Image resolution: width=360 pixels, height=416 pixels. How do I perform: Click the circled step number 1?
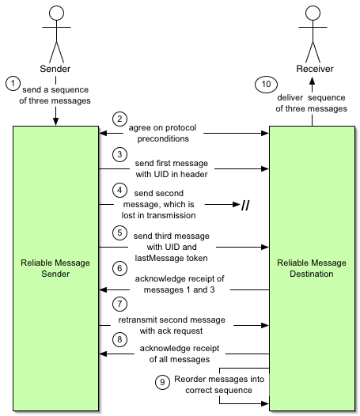point(13,83)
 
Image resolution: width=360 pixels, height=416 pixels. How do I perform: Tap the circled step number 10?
point(266,85)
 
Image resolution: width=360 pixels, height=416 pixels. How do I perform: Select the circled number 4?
point(119,191)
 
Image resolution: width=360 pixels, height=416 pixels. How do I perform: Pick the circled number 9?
point(162,382)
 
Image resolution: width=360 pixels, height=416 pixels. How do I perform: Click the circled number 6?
point(119,268)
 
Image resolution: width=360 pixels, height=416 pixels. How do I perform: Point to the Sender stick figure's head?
point(56,13)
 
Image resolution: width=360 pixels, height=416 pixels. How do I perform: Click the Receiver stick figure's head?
point(313,13)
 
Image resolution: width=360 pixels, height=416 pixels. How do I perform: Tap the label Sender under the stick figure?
point(55,69)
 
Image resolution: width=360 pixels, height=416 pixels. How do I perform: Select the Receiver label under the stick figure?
point(315,69)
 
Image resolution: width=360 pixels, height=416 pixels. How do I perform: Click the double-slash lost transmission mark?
point(245,205)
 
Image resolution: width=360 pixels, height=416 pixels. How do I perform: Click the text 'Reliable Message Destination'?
point(312,268)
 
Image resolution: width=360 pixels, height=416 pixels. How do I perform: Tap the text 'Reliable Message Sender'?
point(55,268)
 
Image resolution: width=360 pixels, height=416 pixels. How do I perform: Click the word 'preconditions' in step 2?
point(163,138)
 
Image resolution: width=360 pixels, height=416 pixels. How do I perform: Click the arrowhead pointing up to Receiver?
point(313,81)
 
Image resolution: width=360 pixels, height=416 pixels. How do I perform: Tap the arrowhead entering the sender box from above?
point(55,122)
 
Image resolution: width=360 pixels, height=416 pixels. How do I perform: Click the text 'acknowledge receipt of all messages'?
point(180,354)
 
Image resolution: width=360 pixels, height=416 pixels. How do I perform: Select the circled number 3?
point(119,154)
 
